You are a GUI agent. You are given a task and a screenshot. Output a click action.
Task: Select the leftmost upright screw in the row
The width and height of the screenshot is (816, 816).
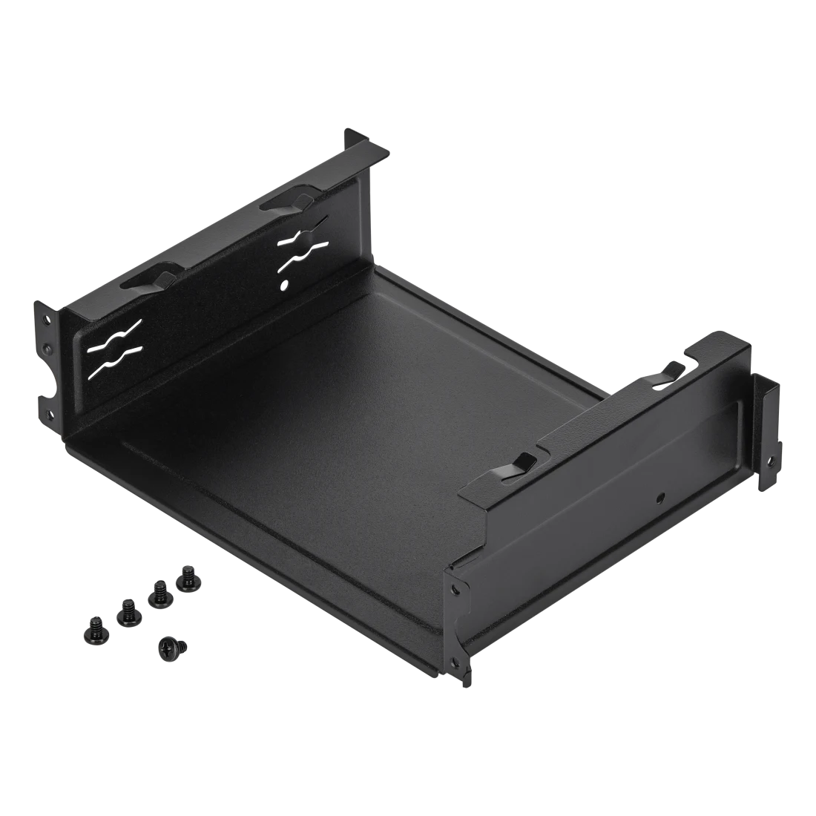click(95, 625)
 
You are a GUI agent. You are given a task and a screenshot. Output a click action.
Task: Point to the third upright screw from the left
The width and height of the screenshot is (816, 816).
click(158, 593)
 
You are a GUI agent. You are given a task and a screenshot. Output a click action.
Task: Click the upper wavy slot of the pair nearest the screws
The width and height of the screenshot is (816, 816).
click(112, 331)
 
